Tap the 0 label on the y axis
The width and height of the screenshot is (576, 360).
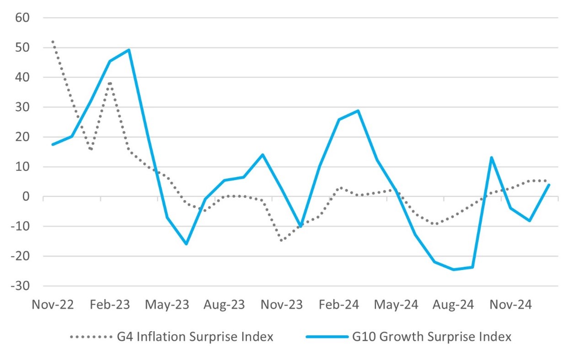point(27,197)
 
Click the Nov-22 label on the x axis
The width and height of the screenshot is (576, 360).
point(53,304)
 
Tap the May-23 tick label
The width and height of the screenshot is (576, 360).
point(167,304)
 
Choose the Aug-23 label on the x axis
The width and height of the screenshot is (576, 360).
point(224,304)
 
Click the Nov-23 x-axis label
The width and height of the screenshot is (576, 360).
point(282,304)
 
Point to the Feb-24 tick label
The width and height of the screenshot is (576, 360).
point(339,304)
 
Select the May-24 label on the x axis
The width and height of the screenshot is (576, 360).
point(396,304)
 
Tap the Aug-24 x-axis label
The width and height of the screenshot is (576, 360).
point(453,304)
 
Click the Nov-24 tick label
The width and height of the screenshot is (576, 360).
point(510,304)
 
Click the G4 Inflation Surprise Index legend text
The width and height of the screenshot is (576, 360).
point(196,338)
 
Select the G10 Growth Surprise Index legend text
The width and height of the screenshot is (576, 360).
point(432,338)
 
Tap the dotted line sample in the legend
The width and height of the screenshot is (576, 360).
point(91,338)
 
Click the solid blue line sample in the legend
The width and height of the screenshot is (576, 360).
point(326,338)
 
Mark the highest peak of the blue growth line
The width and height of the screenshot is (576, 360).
point(129,50)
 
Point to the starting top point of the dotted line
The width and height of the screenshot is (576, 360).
point(53,42)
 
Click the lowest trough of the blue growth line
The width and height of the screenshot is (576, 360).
point(453,270)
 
